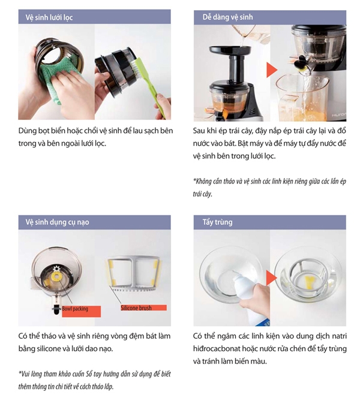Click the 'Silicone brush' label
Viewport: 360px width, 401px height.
pyautogui.click(x=136, y=308)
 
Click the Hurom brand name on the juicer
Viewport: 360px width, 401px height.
pyautogui.click(x=342, y=110)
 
